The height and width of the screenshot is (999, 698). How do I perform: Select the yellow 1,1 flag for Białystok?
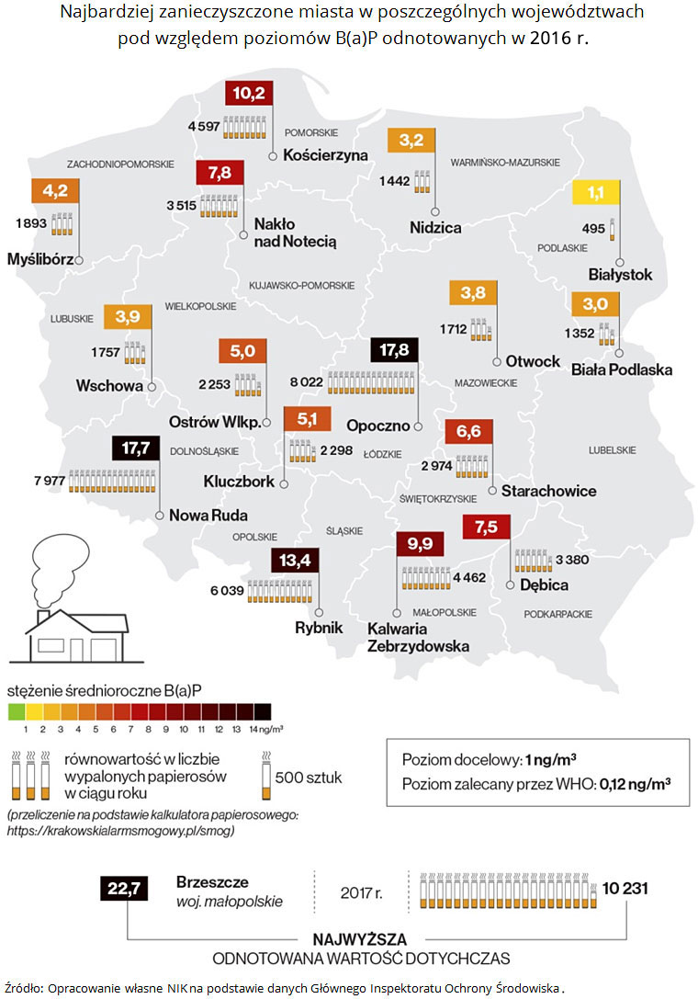point(596,194)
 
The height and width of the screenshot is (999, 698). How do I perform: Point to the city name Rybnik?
point(319,628)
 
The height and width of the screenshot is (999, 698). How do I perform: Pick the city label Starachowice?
point(548,491)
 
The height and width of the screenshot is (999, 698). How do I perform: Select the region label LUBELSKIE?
point(613,449)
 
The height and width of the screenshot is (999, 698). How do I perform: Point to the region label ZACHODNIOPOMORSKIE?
point(120,164)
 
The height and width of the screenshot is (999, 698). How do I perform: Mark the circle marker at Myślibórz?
point(80,260)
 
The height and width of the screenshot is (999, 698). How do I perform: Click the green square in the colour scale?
point(15,710)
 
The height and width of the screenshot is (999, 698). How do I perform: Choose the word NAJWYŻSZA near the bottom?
point(360,939)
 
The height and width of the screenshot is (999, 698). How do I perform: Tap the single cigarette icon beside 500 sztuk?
point(265,776)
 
